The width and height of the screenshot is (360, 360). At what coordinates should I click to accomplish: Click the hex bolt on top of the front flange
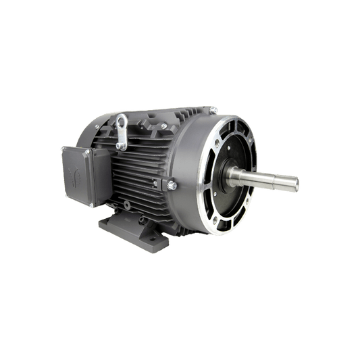(x=213, y=108)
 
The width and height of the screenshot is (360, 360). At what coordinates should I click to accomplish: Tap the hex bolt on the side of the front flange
(x=170, y=182)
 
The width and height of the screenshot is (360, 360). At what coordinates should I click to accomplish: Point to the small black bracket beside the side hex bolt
(x=159, y=183)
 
